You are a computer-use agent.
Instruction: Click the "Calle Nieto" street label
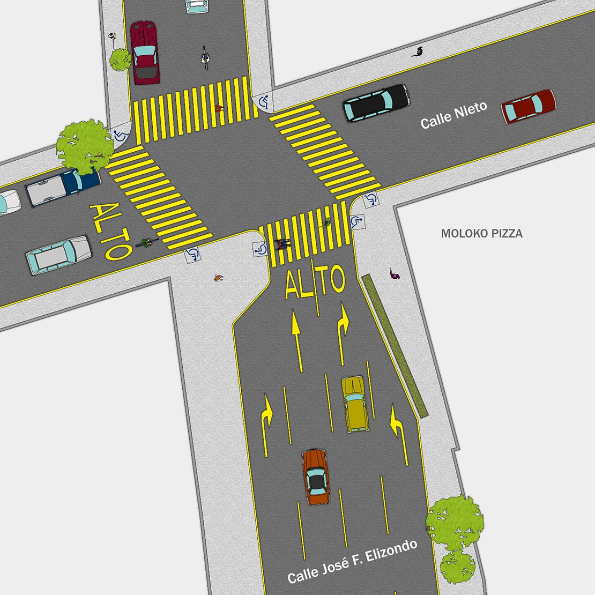(x=453, y=115)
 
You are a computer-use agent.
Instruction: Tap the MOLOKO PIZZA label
(x=481, y=234)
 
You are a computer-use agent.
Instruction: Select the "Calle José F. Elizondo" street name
(x=352, y=562)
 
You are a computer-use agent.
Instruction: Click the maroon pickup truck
(x=144, y=53)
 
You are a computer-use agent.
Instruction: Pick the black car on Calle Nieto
(x=376, y=102)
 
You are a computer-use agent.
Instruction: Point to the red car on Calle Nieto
(x=529, y=106)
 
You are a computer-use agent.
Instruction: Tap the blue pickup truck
(x=63, y=187)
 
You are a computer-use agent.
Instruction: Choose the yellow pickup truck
(x=354, y=404)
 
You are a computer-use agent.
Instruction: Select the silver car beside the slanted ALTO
(x=58, y=255)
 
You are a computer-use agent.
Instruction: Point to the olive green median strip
(x=395, y=345)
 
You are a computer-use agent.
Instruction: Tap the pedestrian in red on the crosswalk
(x=218, y=109)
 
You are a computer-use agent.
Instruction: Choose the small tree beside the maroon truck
(x=121, y=58)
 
